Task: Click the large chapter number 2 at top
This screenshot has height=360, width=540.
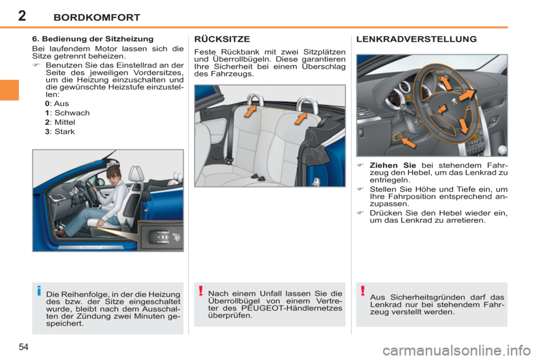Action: click(x=21, y=15)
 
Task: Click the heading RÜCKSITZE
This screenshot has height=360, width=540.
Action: click(x=222, y=39)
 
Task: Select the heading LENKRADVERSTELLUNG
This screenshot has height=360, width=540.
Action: click(x=417, y=39)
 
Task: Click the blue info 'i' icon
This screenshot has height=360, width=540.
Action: click(x=38, y=291)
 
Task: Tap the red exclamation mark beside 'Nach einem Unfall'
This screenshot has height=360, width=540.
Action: click(x=201, y=291)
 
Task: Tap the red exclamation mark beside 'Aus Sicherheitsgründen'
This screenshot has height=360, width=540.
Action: click(x=363, y=291)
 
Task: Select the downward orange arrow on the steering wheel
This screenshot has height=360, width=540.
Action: click(x=463, y=124)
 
